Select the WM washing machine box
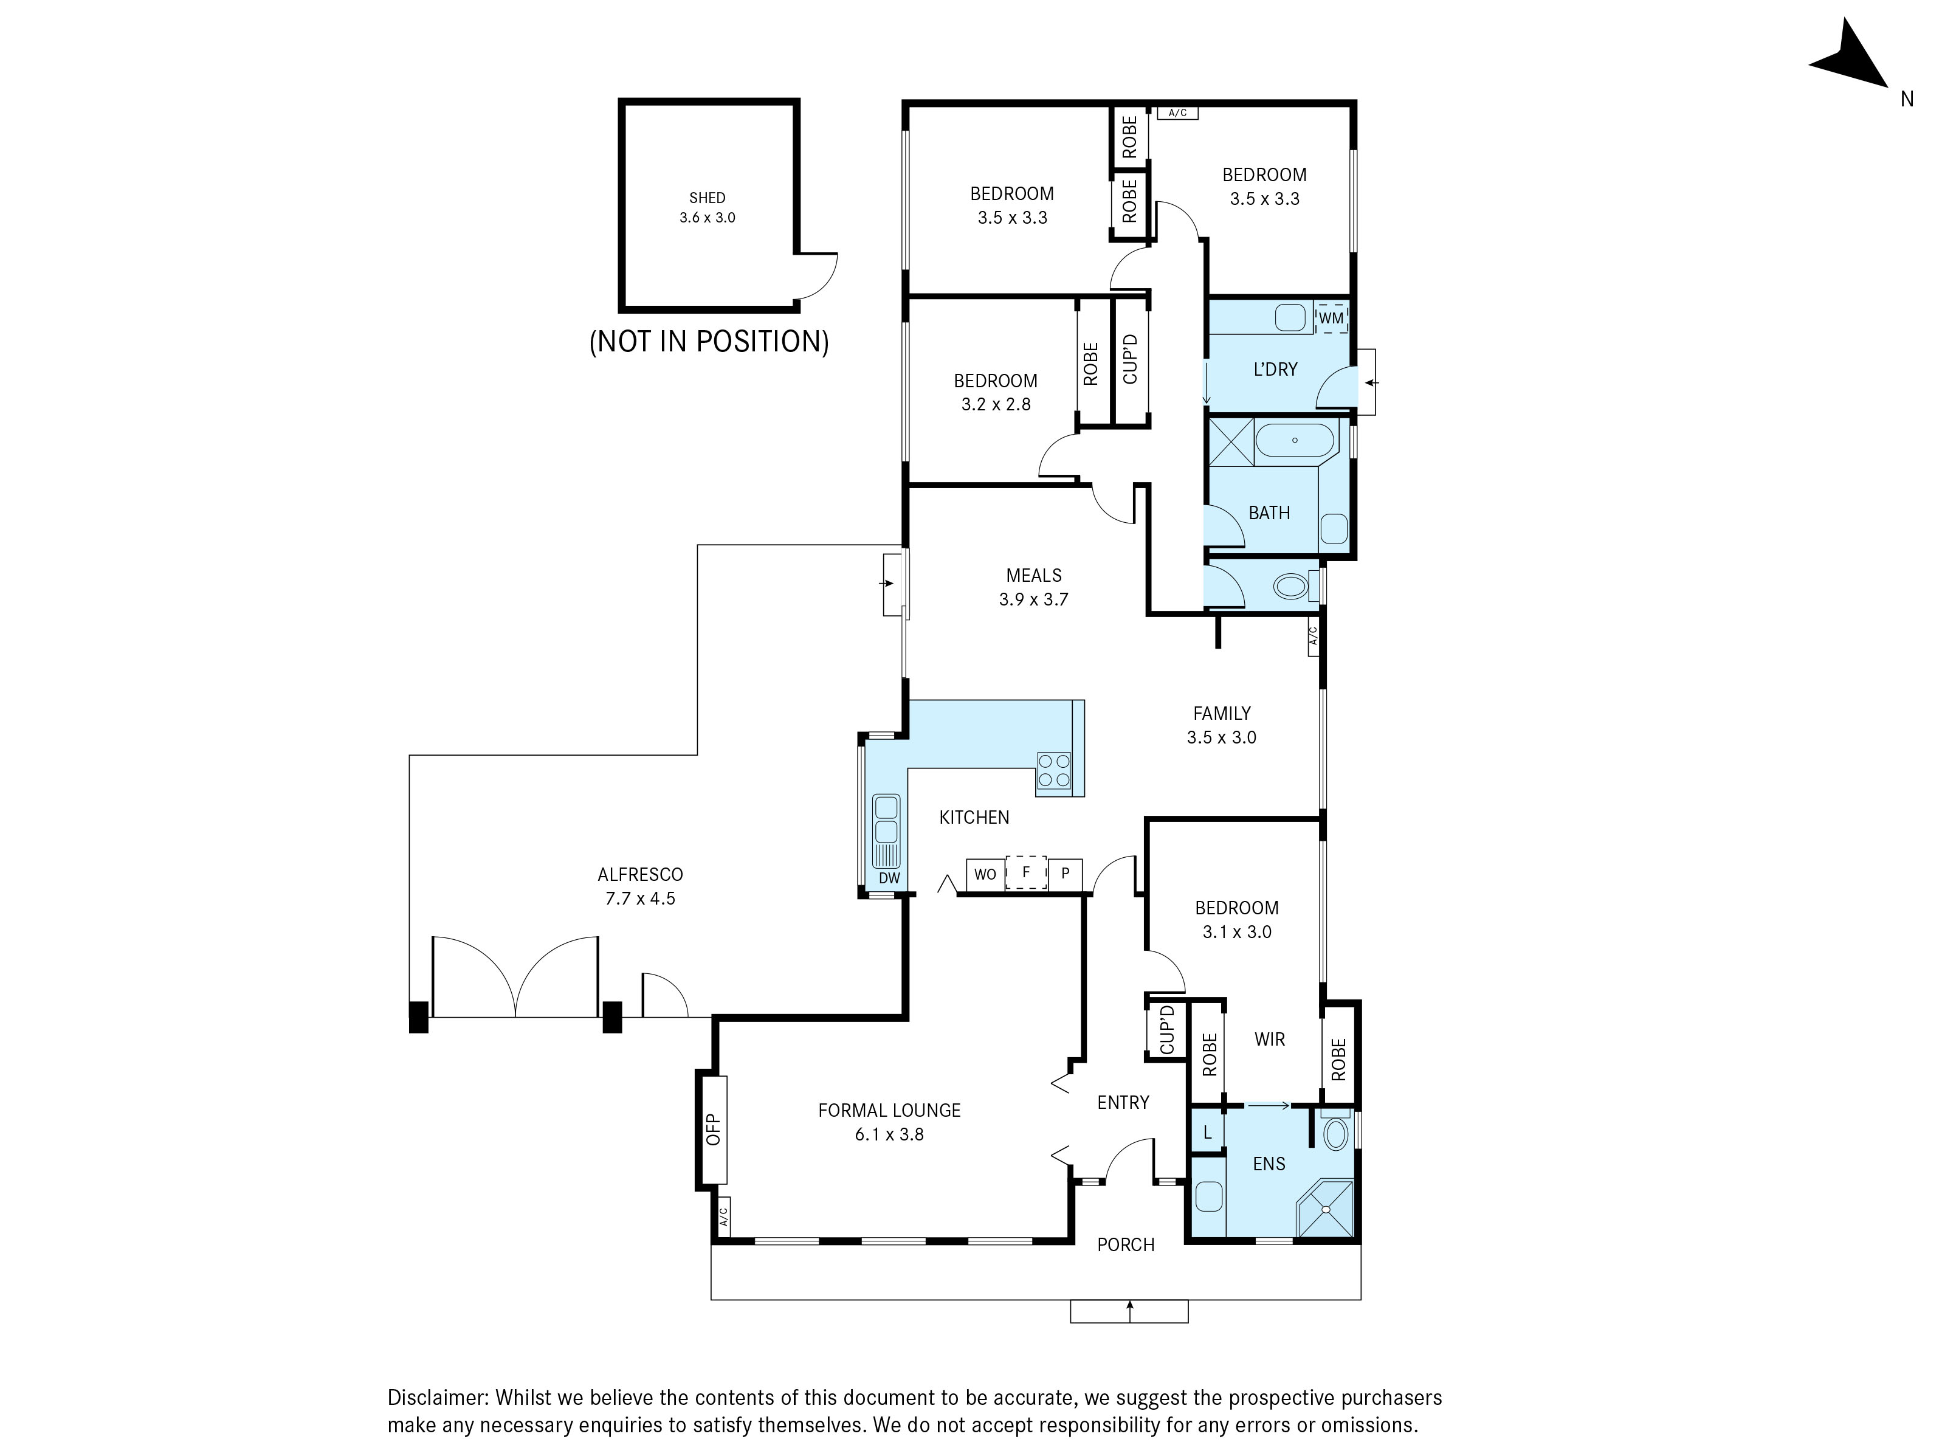[1331, 318]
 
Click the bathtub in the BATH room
[1295, 440]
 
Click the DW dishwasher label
[889, 878]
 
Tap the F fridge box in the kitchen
[1027, 872]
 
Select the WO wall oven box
[985, 874]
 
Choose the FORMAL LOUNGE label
[889, 1110]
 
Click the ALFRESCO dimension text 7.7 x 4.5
[641, 898]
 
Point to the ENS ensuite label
[1269, 1164]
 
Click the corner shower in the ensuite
[1325, 1209]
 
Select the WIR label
[1269, 1039]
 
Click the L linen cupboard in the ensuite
[1207, 1132]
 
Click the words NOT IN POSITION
[709, 341]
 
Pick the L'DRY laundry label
[1275, 369]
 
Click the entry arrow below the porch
[1129, 1311]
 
